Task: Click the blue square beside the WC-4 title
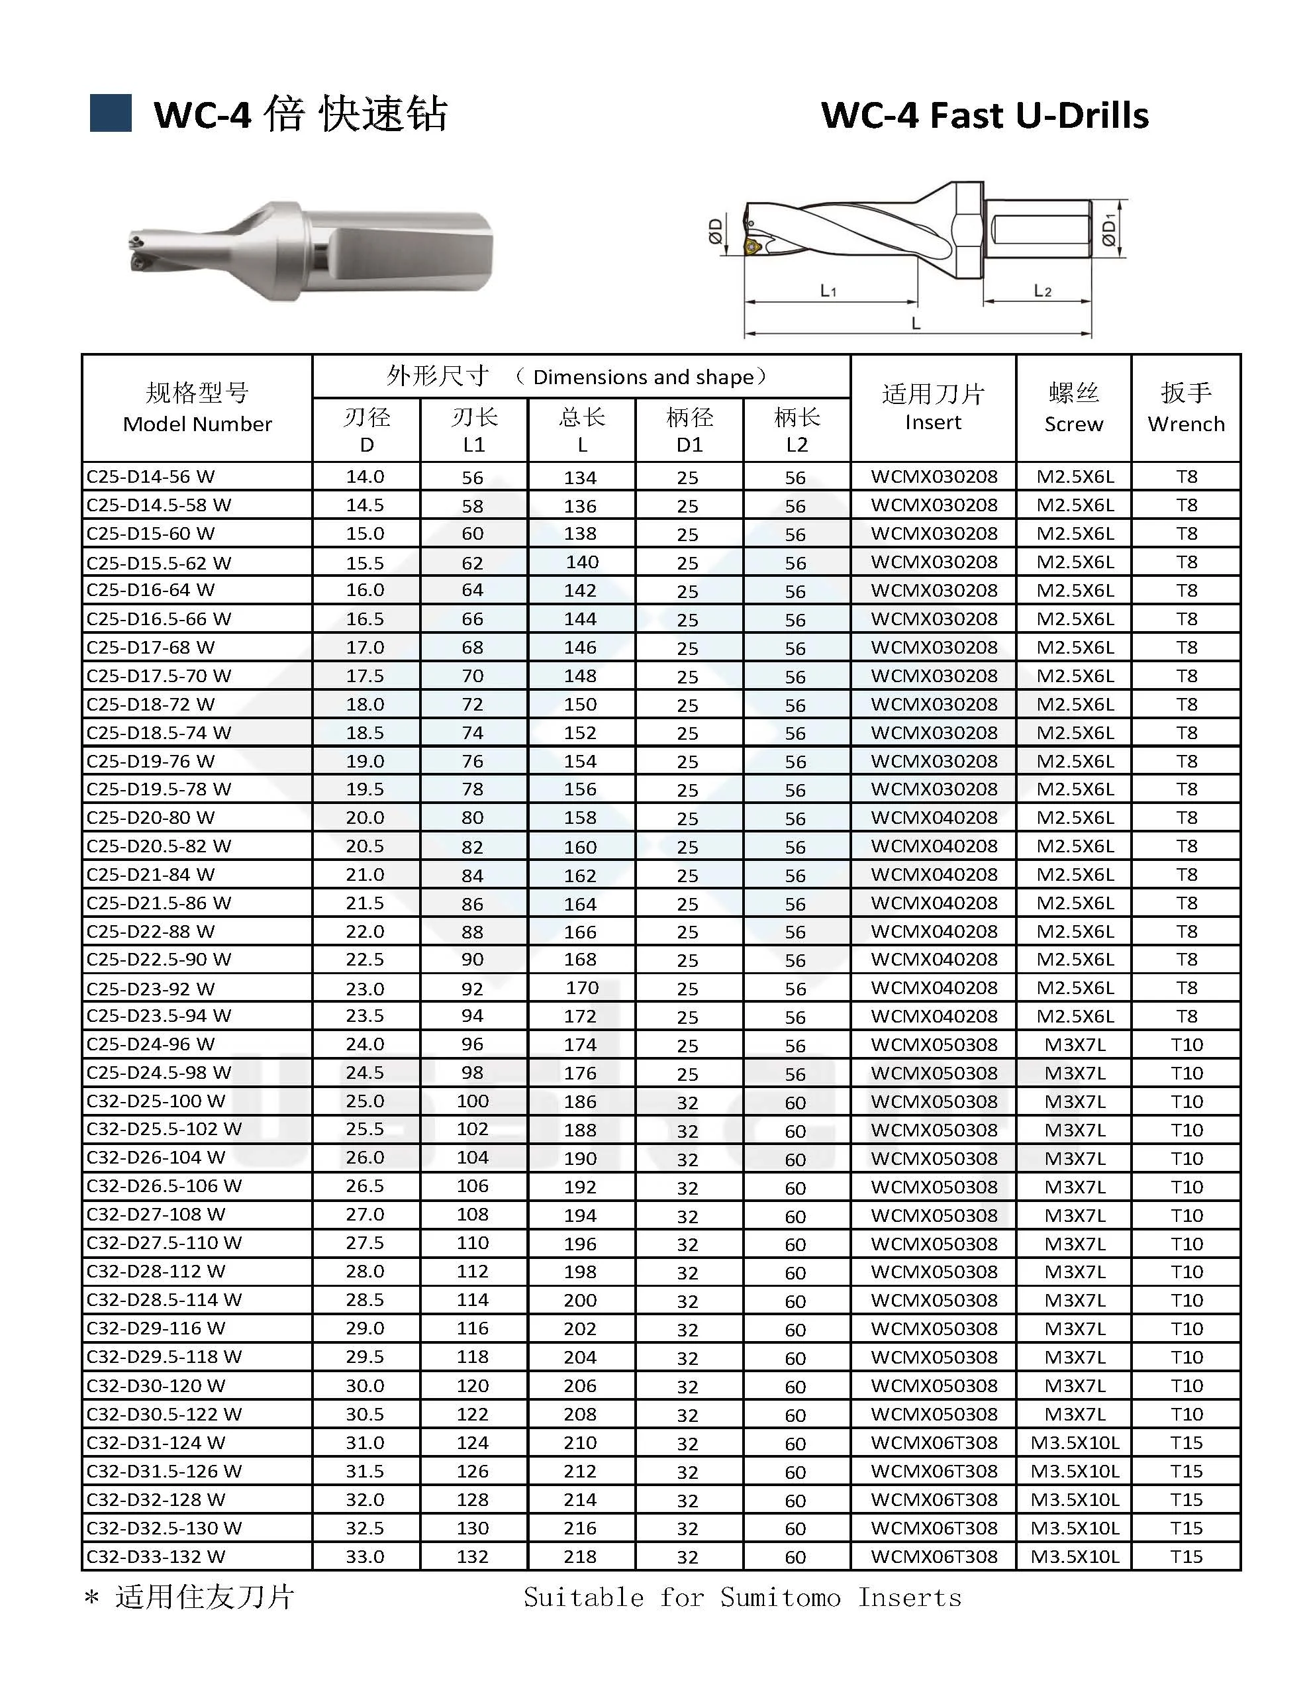tap(111, 113)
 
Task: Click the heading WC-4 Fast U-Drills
tap(984, 115)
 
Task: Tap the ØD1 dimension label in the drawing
tap(1110, 229)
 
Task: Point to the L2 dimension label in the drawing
tap(1043, 291)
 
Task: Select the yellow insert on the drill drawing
tap(752, 247)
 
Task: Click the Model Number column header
tap(197, 407)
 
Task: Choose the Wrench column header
tap(1185, 407)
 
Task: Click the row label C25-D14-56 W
tap(150, 476)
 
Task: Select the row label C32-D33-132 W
tap(156, 1556)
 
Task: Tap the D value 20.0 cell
tap(365, 817)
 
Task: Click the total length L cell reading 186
tap(581, 1101)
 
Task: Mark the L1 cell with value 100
tap(473, 1101)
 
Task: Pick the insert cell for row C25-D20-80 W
tap(934, 817)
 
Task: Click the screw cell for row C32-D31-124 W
tap(1075, 1442)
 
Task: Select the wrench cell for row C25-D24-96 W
tap(1186, 1044)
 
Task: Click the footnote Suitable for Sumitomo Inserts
tap(742, 1597)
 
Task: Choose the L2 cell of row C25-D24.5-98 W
tap(795, 1074)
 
